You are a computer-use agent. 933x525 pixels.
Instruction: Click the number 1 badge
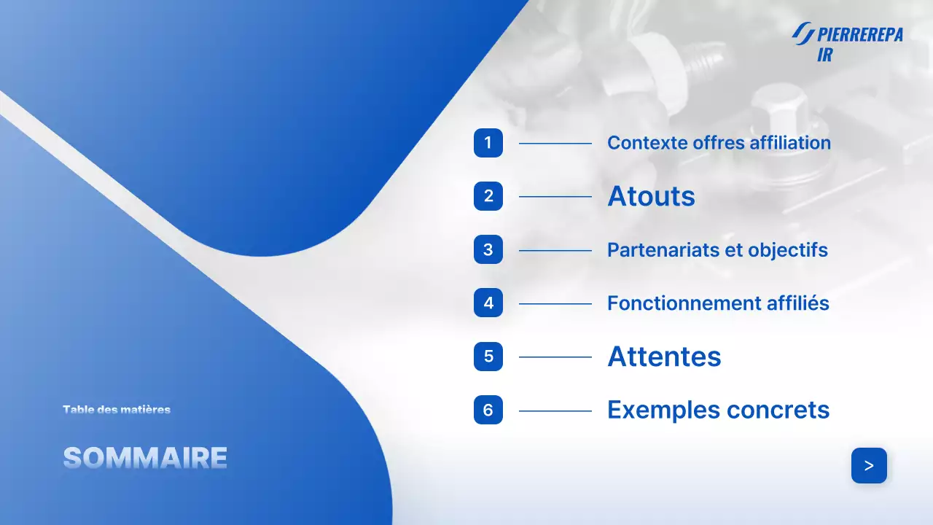tap(488, 142)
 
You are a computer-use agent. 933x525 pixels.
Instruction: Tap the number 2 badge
tap(488, 196)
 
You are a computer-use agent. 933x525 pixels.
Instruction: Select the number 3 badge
tap(488, 249)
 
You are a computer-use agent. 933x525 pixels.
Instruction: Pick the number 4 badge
tap(488, 303)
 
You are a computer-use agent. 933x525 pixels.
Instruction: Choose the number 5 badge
tap(488, 357)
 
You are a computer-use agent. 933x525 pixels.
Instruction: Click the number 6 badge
tap(488, 410)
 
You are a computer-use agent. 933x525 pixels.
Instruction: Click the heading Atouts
tap(651, 196)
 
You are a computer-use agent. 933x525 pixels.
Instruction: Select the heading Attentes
tap(664, 357)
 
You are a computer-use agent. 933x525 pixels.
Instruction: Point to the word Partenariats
tap(664, 250)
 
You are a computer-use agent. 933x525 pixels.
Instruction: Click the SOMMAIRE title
tap(145, 458)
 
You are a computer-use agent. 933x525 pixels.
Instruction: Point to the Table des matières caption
tap(117, 410)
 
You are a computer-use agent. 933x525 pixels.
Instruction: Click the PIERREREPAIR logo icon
tap(803, 33)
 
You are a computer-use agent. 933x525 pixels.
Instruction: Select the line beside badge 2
tap(555, 197)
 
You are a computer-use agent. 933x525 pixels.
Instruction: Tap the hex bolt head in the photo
tap(778, 101)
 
